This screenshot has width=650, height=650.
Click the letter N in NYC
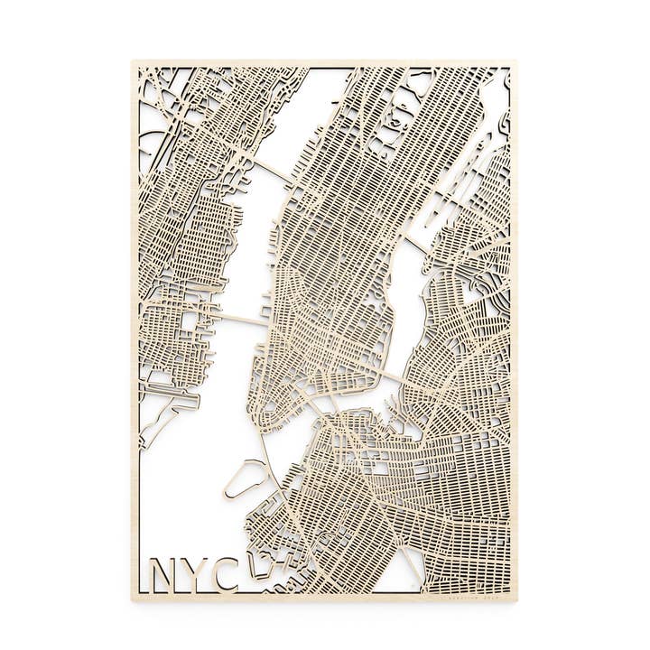coord(163,572)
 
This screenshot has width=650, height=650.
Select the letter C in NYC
coord(225,572)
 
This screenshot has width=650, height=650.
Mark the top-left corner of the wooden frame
coord(133,62)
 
